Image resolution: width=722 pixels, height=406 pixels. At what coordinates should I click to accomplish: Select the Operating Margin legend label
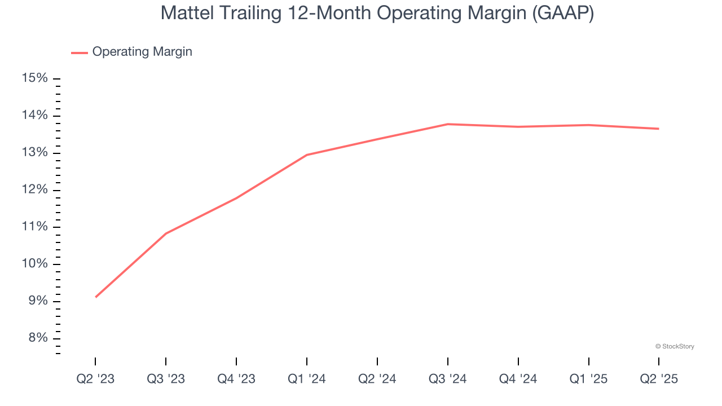(142, 52)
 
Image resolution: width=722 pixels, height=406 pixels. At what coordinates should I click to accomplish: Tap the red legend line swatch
(79, 52)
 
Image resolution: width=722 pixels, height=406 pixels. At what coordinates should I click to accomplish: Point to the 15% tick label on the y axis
(34, 78)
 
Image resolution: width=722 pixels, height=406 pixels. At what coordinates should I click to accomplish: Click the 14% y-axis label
(34, 116)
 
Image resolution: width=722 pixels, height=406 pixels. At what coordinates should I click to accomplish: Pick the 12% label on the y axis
(34, 190)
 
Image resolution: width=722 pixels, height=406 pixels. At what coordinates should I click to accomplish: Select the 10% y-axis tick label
(34, 264)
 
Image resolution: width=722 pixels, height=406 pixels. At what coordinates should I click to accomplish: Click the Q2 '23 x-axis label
(95, 379)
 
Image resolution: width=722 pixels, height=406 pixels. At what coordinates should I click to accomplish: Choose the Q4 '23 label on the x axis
(236, 379)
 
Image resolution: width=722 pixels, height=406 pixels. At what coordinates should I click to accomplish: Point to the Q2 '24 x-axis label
(377, 379)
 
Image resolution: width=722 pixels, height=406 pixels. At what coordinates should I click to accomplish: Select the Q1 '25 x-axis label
(588, 379)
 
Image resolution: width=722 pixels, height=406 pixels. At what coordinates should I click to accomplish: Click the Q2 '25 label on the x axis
(659, 379)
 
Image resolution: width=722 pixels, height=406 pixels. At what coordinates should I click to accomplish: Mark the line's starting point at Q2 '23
(96, 297)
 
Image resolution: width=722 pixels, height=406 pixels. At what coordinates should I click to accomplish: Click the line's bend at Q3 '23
(166, 233)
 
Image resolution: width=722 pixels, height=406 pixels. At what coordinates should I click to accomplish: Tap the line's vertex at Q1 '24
(307, 155)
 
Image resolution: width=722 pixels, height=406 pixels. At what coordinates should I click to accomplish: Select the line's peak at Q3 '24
(448, 124)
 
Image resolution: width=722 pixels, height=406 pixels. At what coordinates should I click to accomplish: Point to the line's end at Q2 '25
(658, 129)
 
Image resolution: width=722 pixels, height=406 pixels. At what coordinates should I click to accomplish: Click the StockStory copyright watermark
(675, 346)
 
